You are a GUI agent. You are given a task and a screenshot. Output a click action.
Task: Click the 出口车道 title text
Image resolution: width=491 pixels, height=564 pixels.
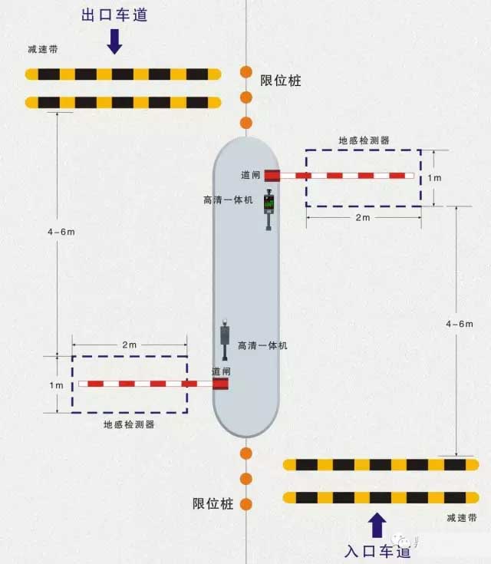click(114, 15)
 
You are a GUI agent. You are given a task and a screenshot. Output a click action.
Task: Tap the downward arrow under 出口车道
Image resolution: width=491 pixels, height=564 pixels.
click(115, 41)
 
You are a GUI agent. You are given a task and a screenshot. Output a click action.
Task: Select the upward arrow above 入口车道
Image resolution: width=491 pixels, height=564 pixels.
click(377, 525)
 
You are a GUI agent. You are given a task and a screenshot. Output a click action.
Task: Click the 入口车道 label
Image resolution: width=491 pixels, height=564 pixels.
click(377, 551)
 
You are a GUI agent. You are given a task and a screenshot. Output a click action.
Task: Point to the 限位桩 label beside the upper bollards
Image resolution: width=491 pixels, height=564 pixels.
click(281, 81)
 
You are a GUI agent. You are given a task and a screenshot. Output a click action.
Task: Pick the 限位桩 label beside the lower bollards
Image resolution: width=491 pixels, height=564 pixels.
click(213, 503)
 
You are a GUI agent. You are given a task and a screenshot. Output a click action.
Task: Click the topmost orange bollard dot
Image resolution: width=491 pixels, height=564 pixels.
click(246, 72)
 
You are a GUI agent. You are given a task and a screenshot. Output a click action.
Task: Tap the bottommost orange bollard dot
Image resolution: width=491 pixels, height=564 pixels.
click(246, 504)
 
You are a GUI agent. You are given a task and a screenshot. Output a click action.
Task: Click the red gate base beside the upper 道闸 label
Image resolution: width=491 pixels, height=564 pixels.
click(272, 176)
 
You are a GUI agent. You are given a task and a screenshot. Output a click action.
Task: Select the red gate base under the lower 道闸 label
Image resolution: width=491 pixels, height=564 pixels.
click(220, 384)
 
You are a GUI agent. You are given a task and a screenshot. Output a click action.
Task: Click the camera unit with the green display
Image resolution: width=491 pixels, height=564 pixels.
click(269, 209)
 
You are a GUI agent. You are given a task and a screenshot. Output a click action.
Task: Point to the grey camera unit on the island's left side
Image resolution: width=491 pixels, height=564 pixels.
click(225, 339)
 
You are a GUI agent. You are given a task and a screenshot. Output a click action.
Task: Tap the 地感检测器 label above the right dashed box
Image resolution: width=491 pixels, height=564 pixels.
click(364, 140)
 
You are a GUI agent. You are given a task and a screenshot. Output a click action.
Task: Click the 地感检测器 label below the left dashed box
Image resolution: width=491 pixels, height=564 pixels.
click(129, 425)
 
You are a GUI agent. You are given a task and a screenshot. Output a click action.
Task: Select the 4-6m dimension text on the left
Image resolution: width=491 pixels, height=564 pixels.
click(61, 232)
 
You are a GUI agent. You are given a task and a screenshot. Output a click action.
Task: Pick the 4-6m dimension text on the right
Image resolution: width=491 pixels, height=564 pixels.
click(460, 324)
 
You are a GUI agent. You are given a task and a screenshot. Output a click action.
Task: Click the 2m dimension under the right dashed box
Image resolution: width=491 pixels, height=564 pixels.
click(363, 218)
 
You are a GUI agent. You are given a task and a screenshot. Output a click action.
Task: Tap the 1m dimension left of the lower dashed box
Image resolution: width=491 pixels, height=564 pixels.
click(57, 385)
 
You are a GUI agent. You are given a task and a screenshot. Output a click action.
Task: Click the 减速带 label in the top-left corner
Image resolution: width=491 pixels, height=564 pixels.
click(43, 49)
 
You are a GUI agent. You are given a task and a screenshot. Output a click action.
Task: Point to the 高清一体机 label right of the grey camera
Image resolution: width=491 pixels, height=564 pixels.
click(262, 345)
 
